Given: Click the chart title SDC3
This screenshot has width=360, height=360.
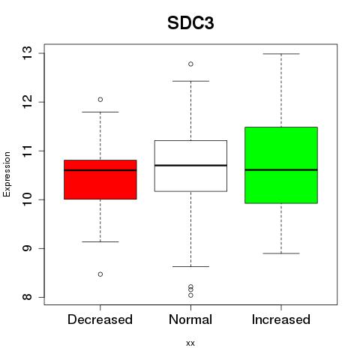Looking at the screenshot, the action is [x=190, y=23].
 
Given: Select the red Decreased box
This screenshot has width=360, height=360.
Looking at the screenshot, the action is [x=100, y=179].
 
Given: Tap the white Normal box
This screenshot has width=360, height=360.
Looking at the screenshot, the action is [x=190, y=166].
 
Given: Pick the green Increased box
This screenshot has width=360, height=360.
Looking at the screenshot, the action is [x=281, y=165].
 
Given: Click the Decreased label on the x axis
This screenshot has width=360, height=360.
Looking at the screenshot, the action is [x=100, y=319].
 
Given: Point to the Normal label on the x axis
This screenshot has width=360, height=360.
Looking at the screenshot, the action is [x=190, y=319].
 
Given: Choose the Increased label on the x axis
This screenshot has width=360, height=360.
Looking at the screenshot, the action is [x=281, y=319].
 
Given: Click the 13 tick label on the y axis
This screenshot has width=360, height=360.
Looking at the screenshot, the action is [x=27, y=53].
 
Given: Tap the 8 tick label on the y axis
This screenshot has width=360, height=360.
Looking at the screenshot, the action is [x=27, y=297].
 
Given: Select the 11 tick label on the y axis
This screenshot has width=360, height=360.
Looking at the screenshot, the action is [x=27, y=151].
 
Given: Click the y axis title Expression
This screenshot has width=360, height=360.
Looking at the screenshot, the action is [x=7, y=174].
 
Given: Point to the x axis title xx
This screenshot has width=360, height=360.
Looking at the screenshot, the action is [x=190, y=343].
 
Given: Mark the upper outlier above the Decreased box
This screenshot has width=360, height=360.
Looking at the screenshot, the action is [x=100, y=100].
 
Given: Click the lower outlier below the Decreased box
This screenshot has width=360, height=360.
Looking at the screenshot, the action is [x=100, y=274].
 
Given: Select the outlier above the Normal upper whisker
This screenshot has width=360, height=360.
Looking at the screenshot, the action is [x=190, y=64].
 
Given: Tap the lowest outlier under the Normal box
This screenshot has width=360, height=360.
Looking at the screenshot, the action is [x=190, y=295].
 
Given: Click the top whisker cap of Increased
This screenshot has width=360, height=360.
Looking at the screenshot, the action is [x=281, y=54].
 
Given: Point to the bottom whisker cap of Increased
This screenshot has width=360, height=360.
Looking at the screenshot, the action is [x=281, y=253].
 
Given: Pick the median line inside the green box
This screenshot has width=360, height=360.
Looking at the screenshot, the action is [x=281, y=170].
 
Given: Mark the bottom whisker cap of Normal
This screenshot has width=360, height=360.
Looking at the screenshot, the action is [x=190, y=266].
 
